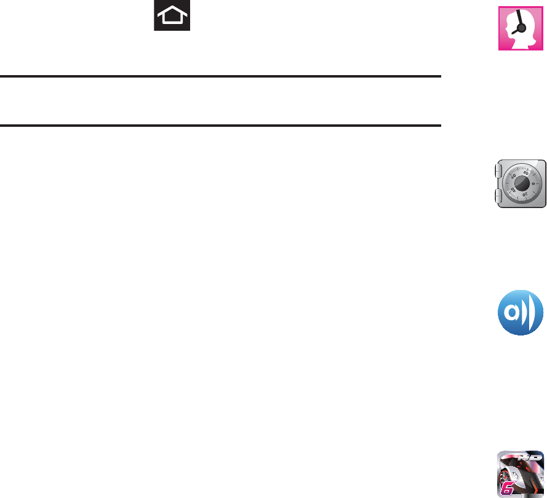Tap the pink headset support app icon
coord(521,28)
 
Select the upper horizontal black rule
coord(221,77)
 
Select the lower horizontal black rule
coord(221,126)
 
